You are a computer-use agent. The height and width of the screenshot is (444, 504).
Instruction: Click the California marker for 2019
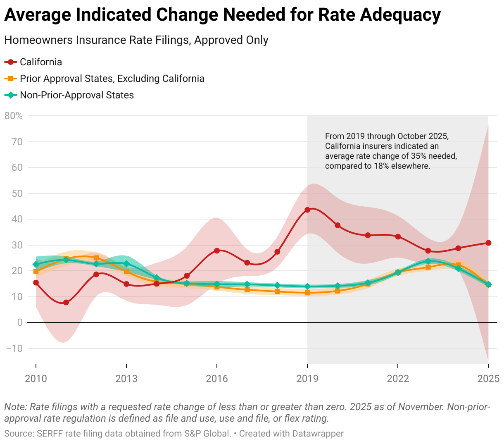pyautogui.click(x=307, y=210)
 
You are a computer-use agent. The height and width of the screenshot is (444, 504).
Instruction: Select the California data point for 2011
pyautogui.click(x=66, y=302)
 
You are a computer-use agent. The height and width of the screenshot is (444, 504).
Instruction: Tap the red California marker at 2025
pyautogui.click(x=488, y=243)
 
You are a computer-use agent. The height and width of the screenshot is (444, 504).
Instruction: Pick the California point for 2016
pyautogui.click(x=217, y=251)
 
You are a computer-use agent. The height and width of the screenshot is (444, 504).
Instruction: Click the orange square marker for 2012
pyautogui.click(x=96, y=258)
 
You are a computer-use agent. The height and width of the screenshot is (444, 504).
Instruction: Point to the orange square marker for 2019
pyautogui.click(x=307, y=293)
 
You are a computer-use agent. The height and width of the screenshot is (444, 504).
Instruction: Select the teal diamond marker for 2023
pyautogui.click(x=428, y=261)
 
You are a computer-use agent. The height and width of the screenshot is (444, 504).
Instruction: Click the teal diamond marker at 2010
pyautogui.click(x=36, y=264)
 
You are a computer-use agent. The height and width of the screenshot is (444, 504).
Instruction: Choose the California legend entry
pyautogui.click(x=41, y=62)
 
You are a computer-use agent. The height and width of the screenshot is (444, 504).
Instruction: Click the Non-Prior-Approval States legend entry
pyautogui.click(x=77, y=95)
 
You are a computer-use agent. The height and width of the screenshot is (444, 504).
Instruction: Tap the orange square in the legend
pyautogui.click(x=11, y=79)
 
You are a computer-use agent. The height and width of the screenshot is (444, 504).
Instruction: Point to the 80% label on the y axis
pyautogui.click(x=14, y=116)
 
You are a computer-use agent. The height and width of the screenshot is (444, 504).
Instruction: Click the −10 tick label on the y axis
pyautogui.click(x=14, y=348)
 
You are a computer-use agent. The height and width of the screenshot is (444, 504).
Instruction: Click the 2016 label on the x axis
pyautogui.click(x=217, y=378)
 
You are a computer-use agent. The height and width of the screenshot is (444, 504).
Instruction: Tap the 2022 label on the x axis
pyautogui.click(x=398, y=378)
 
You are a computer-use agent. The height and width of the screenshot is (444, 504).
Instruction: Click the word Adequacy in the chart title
pyautogui.click(x=400, y=15)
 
